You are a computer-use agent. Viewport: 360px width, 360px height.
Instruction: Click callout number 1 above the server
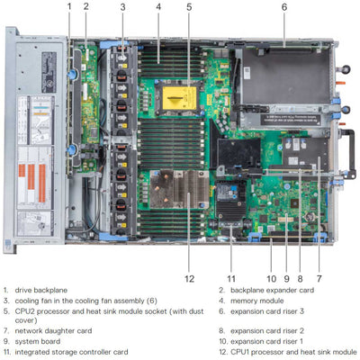click(x=68, y=7)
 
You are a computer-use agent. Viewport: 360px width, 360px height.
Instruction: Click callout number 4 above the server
click(x=158, y=7)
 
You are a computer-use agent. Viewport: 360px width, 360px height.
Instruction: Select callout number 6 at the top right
click(x=283, y=7)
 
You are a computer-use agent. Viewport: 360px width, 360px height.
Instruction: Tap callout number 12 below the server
click(x=189, y=278)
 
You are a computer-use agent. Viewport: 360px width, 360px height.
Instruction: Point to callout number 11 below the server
click(x=231, y=278)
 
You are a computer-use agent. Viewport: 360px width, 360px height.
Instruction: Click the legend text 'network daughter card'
click(x=55, y=330)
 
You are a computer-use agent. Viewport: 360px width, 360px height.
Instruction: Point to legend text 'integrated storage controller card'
click(x=76, y=352)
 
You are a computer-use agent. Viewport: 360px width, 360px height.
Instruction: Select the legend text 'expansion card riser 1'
click(x=271, y=342)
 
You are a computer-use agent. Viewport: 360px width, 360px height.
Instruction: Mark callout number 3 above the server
click(x=122, y=7)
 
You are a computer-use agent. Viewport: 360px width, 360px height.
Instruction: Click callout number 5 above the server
click(x=189, y=7)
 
